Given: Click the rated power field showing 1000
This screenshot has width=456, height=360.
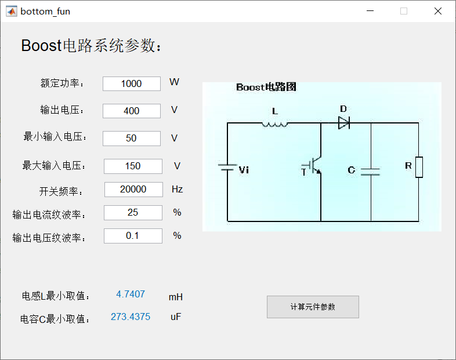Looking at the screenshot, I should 132,83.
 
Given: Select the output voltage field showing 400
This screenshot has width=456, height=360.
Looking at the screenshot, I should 132,111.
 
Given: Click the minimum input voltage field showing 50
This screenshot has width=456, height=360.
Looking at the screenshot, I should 132,139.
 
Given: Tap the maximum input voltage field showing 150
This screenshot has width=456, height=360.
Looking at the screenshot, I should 133,166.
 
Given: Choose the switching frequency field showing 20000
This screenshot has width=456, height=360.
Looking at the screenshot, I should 133,190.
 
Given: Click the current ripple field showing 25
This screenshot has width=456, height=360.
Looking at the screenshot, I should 133,213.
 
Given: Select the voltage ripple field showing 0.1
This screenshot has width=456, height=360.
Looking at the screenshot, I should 133,236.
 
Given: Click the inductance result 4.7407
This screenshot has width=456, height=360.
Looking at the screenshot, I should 131,294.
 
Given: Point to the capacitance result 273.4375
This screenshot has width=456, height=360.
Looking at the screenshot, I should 131,317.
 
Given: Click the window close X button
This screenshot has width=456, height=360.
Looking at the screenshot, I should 438,11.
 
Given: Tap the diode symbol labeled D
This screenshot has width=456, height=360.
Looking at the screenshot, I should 343,123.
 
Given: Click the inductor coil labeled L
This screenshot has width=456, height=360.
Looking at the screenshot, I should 275,123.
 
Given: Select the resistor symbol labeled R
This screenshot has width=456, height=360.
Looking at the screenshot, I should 419,167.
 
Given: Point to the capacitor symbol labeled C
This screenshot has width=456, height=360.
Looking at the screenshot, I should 370,171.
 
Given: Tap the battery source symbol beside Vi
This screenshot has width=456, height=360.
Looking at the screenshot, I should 227,168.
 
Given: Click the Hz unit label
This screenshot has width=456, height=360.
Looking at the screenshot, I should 177,189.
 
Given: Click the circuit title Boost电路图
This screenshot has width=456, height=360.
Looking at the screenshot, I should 266,88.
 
